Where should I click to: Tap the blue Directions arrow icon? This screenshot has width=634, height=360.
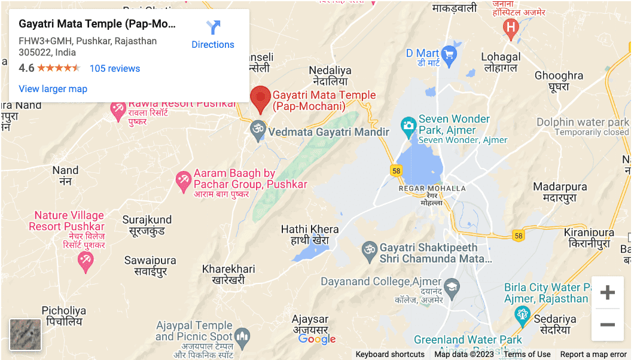pos(213,28)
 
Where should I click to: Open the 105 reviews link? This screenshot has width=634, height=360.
pos(115,68)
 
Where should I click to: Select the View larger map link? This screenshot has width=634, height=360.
pos(53,89)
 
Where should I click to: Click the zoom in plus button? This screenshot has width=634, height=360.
pos(608,292)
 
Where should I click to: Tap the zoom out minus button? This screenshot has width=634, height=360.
pos(608,325)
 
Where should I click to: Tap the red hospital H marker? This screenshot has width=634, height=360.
pos(510,28)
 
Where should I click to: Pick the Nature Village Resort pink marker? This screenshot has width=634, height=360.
pos(86,260)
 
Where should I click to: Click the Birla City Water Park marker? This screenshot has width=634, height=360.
pos(523,313)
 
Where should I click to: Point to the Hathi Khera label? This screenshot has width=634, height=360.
pos(310,234)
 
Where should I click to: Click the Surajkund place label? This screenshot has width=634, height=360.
pos(147,225)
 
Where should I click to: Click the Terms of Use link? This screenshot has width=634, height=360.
pos(527,354)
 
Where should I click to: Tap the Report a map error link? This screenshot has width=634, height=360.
pos(593,354)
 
